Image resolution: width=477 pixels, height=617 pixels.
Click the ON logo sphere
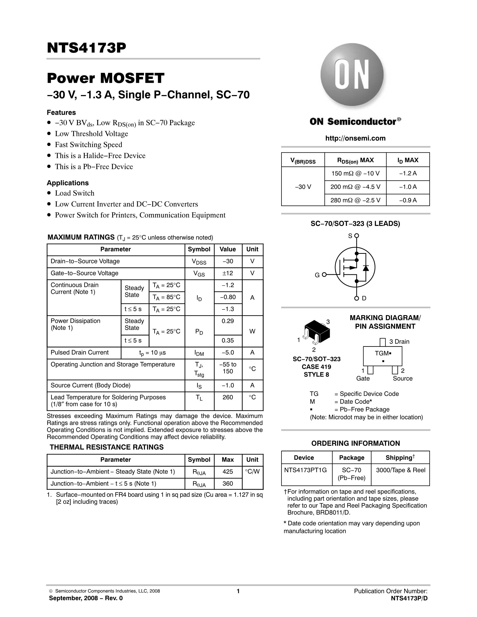click(x=352, y=75)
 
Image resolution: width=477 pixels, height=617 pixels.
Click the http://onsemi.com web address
click(x=355, y=138)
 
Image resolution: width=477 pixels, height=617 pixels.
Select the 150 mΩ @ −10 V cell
click(x=355, y=173)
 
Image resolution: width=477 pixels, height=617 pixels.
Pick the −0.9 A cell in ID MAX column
click(x=408, y=200)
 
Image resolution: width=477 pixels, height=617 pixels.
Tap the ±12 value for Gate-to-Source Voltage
click(x=228, y=273)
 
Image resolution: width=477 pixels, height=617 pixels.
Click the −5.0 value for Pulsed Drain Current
click(x=228, y=353)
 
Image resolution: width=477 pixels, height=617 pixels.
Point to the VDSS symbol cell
click(x=199, y=262)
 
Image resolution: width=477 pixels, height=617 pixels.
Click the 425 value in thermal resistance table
click(x=228, y=472)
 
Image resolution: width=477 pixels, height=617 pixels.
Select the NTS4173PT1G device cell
click(x=305, y=470)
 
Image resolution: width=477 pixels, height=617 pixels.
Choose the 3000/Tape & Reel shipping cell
click(x=400, y=470)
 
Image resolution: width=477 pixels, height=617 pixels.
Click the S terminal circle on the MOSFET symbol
click(x=357, y=235)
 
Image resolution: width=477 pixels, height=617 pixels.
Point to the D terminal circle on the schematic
click(x=357, y=298)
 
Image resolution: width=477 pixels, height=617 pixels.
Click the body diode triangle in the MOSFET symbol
click(x=366, y=268)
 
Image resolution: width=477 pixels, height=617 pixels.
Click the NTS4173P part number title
click(x=86, y=48)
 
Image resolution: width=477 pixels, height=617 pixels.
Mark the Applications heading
click(x=68, y=183)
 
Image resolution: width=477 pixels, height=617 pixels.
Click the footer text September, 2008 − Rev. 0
click(x=86, y=598)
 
